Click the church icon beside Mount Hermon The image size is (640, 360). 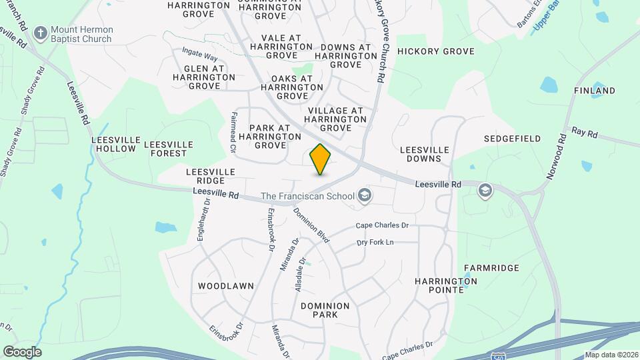41,33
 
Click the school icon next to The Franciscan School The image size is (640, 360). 364,196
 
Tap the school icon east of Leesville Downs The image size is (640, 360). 485,191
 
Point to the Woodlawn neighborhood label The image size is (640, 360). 226,286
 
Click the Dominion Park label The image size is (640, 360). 325,310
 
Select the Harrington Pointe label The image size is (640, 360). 446,285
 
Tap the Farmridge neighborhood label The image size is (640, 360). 491,268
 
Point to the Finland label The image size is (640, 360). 594,91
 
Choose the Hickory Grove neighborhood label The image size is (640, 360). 435,51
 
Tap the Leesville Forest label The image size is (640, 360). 169,149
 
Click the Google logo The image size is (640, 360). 22,351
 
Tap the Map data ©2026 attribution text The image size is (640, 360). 611,355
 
